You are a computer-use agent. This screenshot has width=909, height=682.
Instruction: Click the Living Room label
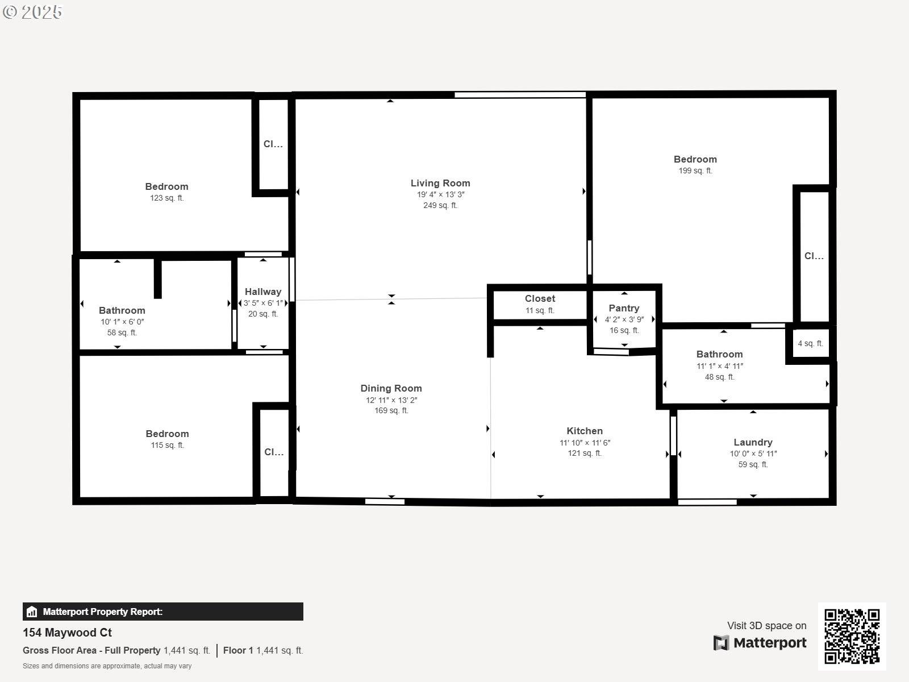(440, 183)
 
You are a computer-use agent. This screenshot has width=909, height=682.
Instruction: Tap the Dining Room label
(391, 388)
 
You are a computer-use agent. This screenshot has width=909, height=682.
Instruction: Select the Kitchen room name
(585, 431)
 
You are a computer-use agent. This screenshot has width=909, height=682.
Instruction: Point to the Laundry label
(753, 442)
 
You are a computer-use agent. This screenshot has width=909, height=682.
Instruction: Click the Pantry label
(624, 308)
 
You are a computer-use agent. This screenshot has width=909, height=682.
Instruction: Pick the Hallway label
(263, 292)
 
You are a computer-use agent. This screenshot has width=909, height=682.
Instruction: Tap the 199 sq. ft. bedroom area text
(695, 170)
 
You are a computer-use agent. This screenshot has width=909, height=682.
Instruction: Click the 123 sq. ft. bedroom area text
(166, 198)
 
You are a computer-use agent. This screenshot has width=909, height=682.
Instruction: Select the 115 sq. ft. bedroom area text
(167, 445)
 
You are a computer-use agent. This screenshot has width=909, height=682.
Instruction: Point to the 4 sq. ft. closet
(811, 343)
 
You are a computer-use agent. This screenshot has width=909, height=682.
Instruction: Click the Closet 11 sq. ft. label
(540, 304)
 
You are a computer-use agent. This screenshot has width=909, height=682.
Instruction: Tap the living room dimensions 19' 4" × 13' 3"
(441, 194)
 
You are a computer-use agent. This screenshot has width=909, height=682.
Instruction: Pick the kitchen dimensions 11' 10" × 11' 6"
(585, 443)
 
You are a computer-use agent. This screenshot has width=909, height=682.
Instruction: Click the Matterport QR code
(852, 637)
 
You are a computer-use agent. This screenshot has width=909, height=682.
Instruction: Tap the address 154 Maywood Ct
(67, 633)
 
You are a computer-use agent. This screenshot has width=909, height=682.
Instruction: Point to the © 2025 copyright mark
(32, 12)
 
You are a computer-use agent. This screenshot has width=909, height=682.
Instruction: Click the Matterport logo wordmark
(760, 643)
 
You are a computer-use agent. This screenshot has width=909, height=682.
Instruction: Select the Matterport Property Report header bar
(162, 612)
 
